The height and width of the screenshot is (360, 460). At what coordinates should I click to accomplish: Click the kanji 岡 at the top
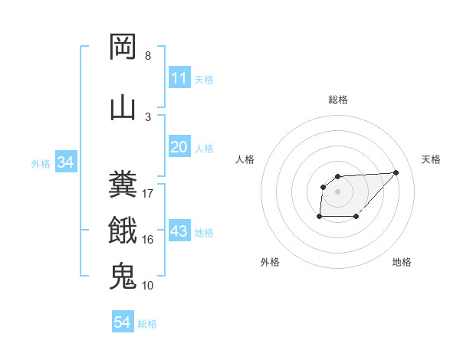point(123,47)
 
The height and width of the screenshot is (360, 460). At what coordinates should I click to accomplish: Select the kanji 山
point(123,106)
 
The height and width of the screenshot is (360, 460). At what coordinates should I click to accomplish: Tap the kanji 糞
point(123,185)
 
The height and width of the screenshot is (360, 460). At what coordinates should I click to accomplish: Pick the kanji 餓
point(123,229)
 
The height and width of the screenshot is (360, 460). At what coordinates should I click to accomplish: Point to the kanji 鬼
point(123,275)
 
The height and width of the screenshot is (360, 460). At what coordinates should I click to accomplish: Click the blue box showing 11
point(179,78)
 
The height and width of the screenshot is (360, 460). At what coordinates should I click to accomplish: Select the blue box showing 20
point(179,147)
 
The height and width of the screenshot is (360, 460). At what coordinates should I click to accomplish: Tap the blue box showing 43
point(179,231)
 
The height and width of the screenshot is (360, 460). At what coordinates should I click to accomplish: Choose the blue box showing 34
point(66,162)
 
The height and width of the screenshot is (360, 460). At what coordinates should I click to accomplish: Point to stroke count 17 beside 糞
point(148,194)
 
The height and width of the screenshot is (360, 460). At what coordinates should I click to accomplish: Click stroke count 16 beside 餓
point(148,240)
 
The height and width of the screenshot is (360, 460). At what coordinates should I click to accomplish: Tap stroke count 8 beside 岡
point(148,56)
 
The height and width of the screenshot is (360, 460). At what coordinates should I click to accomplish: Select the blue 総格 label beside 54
point(147,324)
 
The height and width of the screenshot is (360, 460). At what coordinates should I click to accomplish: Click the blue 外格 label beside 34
point(41,163)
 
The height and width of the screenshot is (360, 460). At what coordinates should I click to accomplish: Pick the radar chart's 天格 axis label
point(432,159)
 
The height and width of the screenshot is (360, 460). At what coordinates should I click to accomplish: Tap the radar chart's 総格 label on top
point(337,100)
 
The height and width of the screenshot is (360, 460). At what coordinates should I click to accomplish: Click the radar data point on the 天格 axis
point(396,172)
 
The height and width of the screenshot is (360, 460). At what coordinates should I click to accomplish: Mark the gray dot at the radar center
point(337,191)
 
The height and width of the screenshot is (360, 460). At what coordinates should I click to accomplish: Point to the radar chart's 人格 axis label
point(245,159)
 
